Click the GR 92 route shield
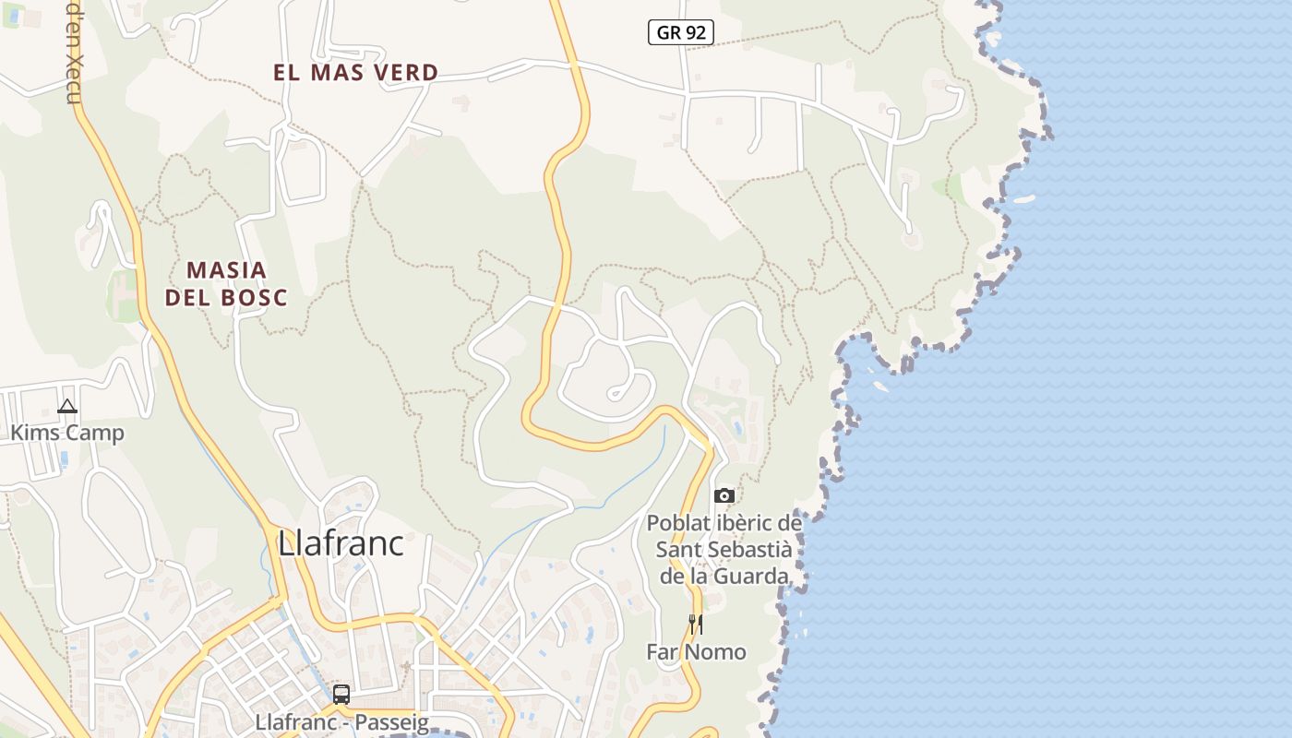(680, 33)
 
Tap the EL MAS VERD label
(355, 73)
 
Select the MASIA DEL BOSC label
(226, 283)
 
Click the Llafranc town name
(341, 543)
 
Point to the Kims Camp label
(66, 432)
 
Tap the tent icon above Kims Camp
(67, 406)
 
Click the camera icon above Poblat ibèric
(724, 496)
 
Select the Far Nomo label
(696, 651)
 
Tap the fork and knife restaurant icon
(696, 625)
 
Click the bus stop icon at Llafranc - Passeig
(341, 694)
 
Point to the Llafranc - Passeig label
(341, 722)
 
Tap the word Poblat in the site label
(679, 523)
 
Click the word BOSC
(254, 298)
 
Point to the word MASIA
(226, 270)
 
